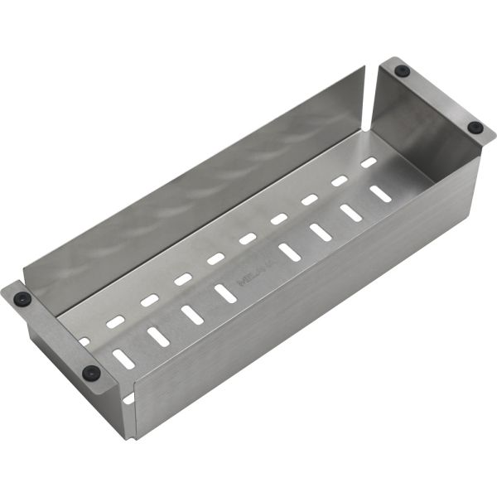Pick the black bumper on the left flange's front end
[91, 373]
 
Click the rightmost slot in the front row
[380, 193]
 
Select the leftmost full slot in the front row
[123, 358]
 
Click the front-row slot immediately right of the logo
[289, 252]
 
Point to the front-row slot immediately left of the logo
[224, 292]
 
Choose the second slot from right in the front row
[350, 212]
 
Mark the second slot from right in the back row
[340, 181]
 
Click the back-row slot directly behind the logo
[248, 239]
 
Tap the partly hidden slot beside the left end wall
[84, 340]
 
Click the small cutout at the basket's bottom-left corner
[129, 399]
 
